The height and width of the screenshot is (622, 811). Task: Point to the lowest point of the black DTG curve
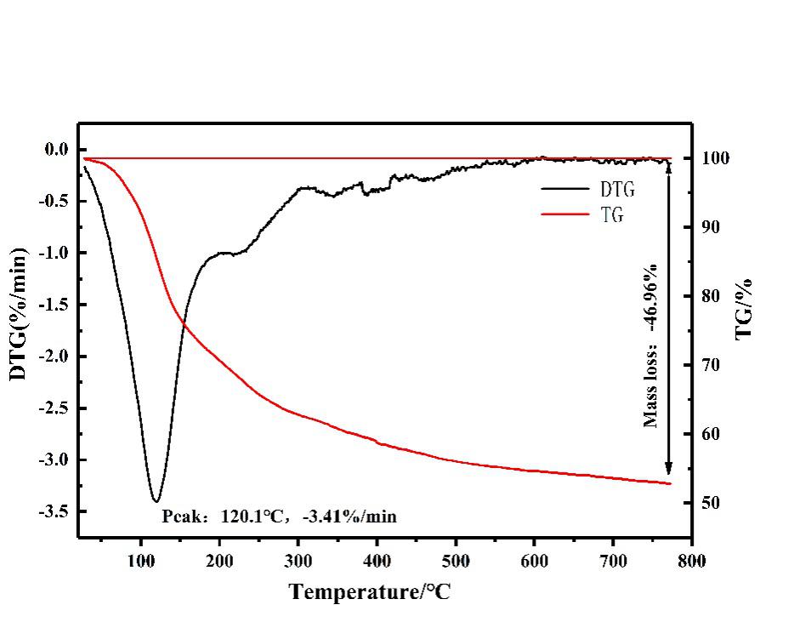coord(156,501)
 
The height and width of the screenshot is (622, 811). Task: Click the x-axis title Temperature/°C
coord(370,591)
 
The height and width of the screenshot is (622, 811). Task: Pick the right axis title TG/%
coord(746,309)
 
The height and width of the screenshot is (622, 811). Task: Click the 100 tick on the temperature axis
coord(141,562)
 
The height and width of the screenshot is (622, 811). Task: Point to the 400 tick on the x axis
coord(377,562)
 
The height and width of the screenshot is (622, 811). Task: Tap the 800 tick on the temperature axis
coord(692,562)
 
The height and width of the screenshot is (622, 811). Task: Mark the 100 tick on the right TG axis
coord(716,159)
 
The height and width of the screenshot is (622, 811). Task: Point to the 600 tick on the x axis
coord(535,562)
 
